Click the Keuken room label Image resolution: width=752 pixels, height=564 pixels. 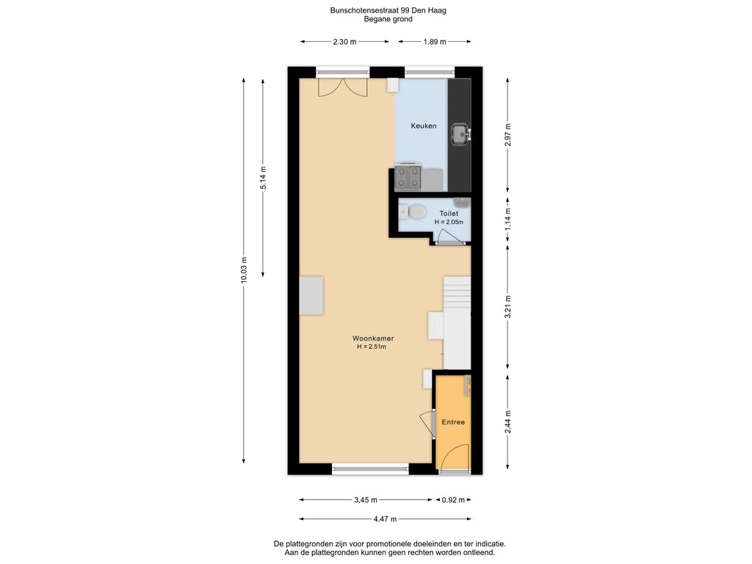point(424,126)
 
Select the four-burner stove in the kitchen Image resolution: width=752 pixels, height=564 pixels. point(408,178)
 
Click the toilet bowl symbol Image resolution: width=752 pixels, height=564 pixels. point(413,211)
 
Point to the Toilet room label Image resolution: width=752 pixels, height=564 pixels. point(449,214)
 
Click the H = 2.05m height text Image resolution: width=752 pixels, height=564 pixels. point(449,223)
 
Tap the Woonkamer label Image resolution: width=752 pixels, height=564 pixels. point(373,338)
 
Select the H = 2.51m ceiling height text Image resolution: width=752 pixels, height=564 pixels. point(372,347)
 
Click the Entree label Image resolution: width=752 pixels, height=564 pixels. point(453,422)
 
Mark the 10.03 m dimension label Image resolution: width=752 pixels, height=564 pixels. point(244,270)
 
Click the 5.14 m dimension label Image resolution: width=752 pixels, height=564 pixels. point(263,178)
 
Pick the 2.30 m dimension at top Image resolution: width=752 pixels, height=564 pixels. point(345,42)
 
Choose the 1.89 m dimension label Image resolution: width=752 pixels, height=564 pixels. point(435,42)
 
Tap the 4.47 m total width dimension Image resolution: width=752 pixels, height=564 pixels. point(385,519)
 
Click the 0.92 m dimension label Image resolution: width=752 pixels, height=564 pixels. point(453,499)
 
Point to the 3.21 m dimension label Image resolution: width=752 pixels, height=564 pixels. point(508,307)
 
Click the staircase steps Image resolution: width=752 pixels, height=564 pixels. point(457,322)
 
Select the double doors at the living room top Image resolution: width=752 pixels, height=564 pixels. point(343,87)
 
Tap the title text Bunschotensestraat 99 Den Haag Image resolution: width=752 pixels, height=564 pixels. point(388,10)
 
